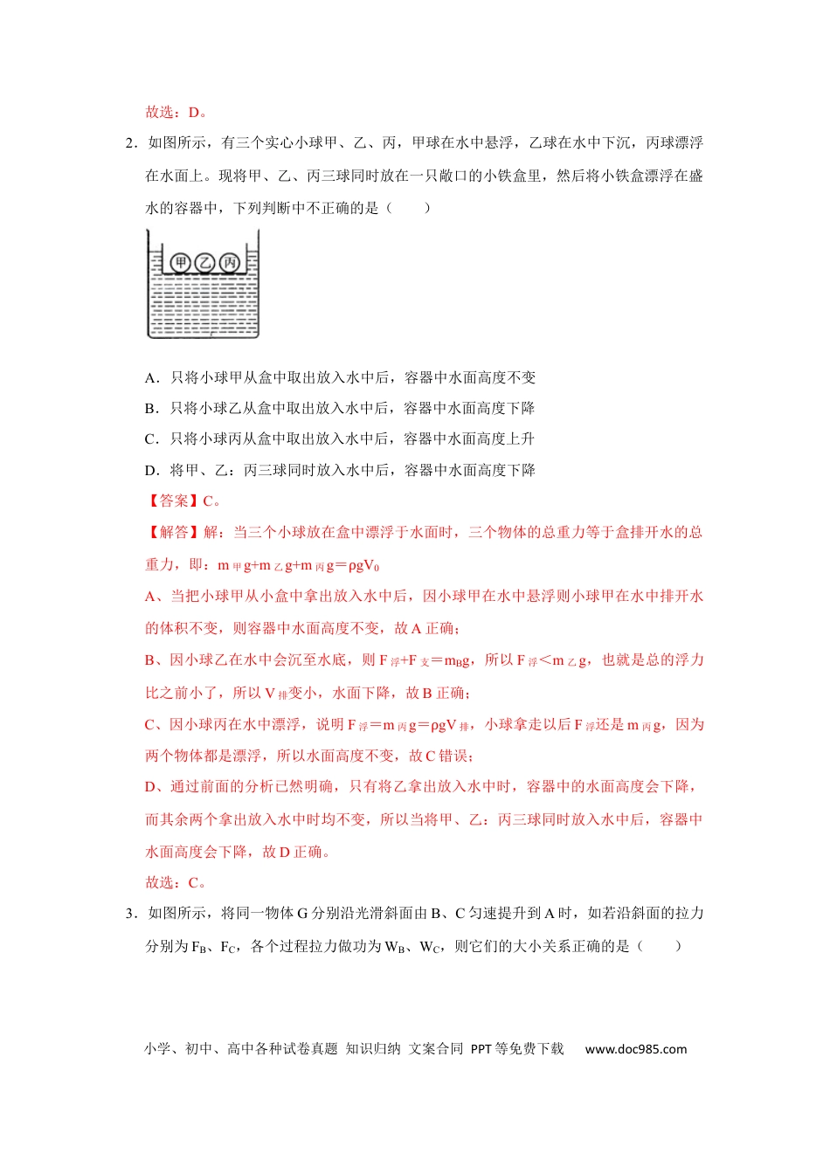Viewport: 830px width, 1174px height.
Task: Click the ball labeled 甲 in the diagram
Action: point(181,262)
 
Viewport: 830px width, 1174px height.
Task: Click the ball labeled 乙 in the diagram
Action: point(205,262)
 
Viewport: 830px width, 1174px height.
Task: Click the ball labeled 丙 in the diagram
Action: point(229,262)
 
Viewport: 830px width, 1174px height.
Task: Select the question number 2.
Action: point(130,143)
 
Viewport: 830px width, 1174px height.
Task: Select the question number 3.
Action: point(130,914)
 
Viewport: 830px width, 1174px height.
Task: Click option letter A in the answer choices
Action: point(150,378)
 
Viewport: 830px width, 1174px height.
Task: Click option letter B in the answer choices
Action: point(150,409)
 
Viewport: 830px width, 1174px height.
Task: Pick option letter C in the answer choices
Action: point(150,439)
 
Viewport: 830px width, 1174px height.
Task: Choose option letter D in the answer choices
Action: point(150,471)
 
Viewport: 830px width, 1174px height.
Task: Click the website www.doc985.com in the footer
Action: point(636,1049)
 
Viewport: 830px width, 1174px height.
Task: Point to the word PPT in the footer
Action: point(481,1049)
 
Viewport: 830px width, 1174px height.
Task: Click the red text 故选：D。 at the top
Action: point(176,112)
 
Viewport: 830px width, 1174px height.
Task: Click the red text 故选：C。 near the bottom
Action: point(176,883)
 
